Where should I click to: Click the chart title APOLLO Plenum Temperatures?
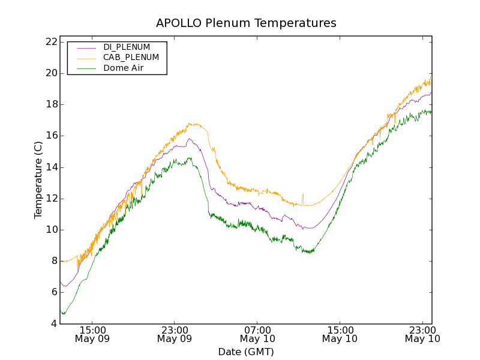coord(246,23)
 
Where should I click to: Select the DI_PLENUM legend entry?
coord(127,47)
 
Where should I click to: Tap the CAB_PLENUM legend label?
coord(131,58)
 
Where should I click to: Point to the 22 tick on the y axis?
coord(50,42)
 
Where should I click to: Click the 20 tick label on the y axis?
coord(50,73)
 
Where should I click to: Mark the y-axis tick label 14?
coord(50,167)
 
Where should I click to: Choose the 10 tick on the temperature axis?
coord(50,230)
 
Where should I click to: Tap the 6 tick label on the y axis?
coord(53,292)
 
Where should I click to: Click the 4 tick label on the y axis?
coord(53,324)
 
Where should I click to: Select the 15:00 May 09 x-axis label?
coord(92,334)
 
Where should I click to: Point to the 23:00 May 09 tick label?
coord(174,334)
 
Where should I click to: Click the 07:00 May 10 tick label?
coord(257,334)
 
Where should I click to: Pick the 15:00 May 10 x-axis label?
coord(340,334)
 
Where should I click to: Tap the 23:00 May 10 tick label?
coord(422,334)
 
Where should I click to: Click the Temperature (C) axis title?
coord(38,180)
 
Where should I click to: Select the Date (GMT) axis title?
coord(246,352)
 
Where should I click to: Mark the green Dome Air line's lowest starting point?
coord(63,313)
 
